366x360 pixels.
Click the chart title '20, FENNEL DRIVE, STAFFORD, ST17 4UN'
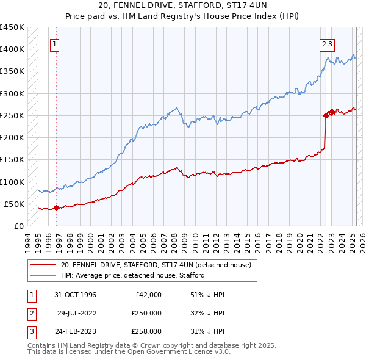182,6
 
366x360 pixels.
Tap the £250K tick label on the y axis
12,115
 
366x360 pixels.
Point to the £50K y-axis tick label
14,204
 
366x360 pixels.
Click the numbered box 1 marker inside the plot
55,44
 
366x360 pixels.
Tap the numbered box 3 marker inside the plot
330,44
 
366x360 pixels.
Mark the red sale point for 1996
56,207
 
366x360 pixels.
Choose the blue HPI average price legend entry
132,275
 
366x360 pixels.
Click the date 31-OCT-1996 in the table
76,295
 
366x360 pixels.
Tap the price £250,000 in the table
146,313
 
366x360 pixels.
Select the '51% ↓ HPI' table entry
204,295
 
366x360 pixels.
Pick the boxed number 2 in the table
30,313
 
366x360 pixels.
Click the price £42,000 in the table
148,295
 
